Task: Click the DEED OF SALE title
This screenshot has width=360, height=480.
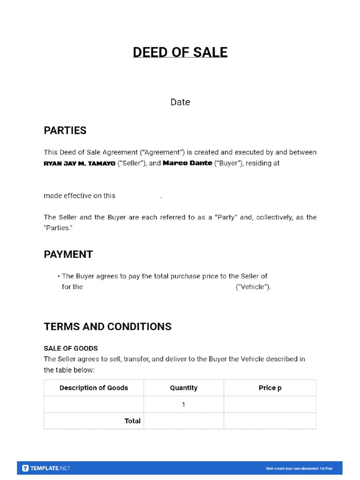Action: tap(180, 52)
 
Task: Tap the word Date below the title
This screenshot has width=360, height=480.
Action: tap(180, 102)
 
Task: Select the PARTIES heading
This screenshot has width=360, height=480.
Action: tap(65, 131)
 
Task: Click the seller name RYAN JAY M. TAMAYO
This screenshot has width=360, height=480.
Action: tap(79, 164)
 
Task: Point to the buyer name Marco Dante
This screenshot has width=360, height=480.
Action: tap(187, 163)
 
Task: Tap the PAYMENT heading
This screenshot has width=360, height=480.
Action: tap(68, 255)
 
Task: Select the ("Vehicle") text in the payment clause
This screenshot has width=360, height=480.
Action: tap(253, 287)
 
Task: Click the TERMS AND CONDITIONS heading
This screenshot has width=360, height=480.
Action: tap(108, 327)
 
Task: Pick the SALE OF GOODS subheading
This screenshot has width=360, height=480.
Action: tap(71, 348)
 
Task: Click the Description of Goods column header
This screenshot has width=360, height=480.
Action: tap(94, 388)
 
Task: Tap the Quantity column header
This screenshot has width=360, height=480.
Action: tap(184, 388)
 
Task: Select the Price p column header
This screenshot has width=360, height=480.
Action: tap(270, 388)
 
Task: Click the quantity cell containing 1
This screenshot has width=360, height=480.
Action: tap(184, 404)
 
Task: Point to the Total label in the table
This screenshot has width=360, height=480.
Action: tap(132, 421)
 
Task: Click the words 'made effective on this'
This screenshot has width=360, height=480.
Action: tap(79, 196)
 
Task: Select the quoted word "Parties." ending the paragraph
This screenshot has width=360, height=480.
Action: tap(58, 228)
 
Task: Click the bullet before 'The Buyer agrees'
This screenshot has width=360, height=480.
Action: tap(59, 277)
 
